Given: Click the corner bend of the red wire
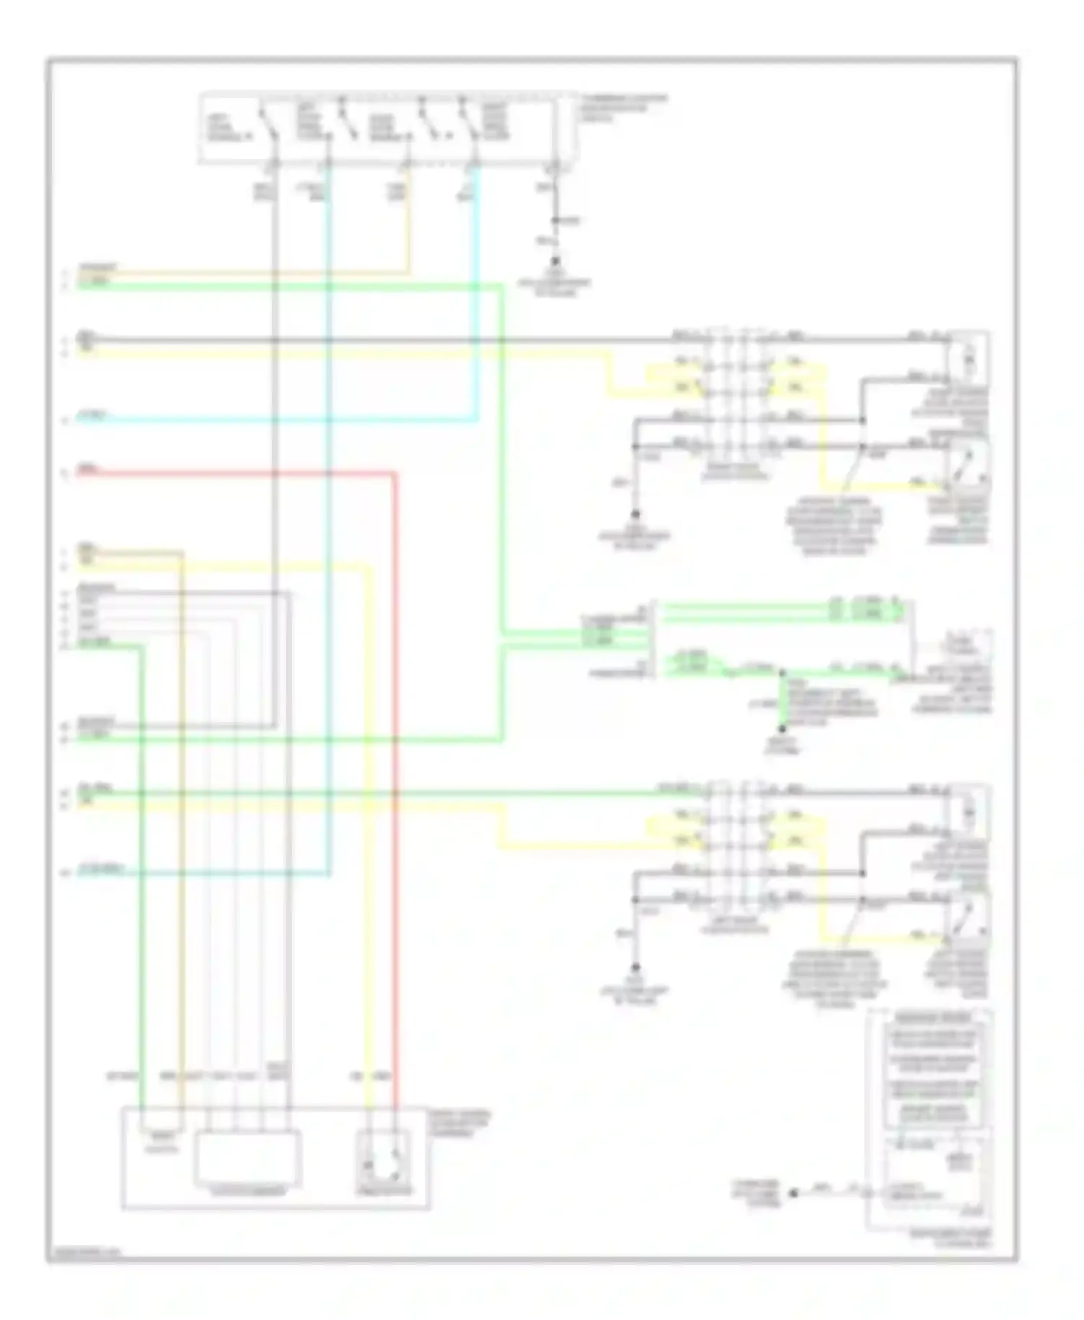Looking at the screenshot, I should point(395,474).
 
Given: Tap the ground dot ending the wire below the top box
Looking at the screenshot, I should point(555,261).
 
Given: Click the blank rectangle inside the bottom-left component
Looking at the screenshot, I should point(248,1158).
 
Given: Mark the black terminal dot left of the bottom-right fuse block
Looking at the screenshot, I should point(793,1193).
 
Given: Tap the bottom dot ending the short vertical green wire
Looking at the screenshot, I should point(781,729).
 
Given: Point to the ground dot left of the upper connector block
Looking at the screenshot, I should point(635,514).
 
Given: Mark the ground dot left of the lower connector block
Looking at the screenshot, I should point(635,967).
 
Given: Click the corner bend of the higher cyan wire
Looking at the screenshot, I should point(476,420).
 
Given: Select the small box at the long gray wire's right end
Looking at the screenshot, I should point(968,357).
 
